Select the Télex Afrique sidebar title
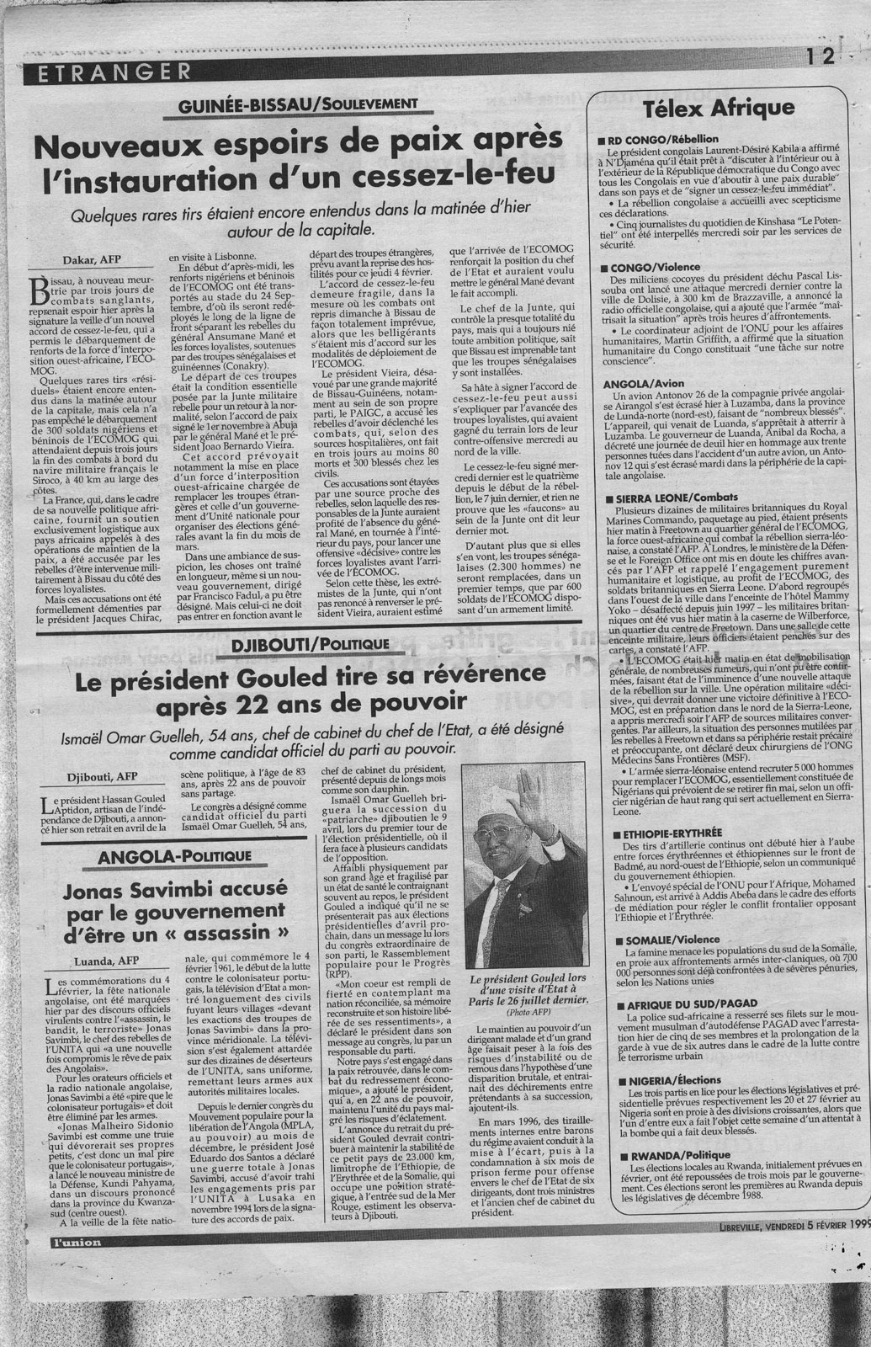[x=718, y=108]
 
